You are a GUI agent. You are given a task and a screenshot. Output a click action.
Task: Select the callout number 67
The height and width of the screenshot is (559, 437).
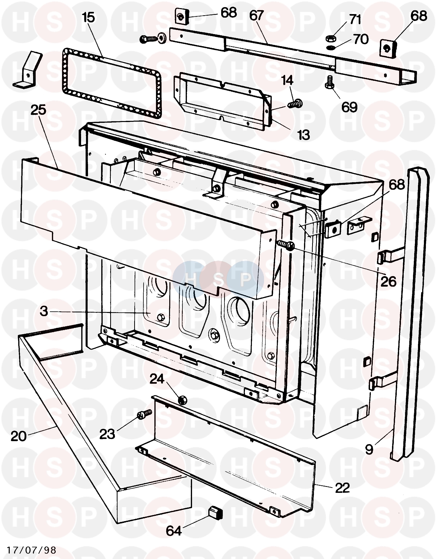coord(256,16)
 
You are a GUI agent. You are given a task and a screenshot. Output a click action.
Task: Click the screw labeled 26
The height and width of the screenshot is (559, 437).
coord(286,245)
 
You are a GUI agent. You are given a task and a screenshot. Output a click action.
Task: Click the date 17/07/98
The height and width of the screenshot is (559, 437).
coord(31,550)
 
